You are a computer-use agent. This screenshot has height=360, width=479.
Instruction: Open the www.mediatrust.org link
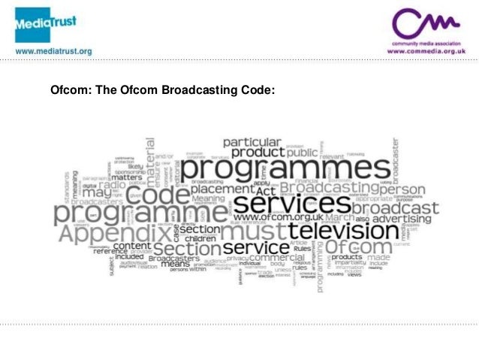tap(53, 52)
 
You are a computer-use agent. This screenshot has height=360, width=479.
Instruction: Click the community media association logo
tap(426, 27)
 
